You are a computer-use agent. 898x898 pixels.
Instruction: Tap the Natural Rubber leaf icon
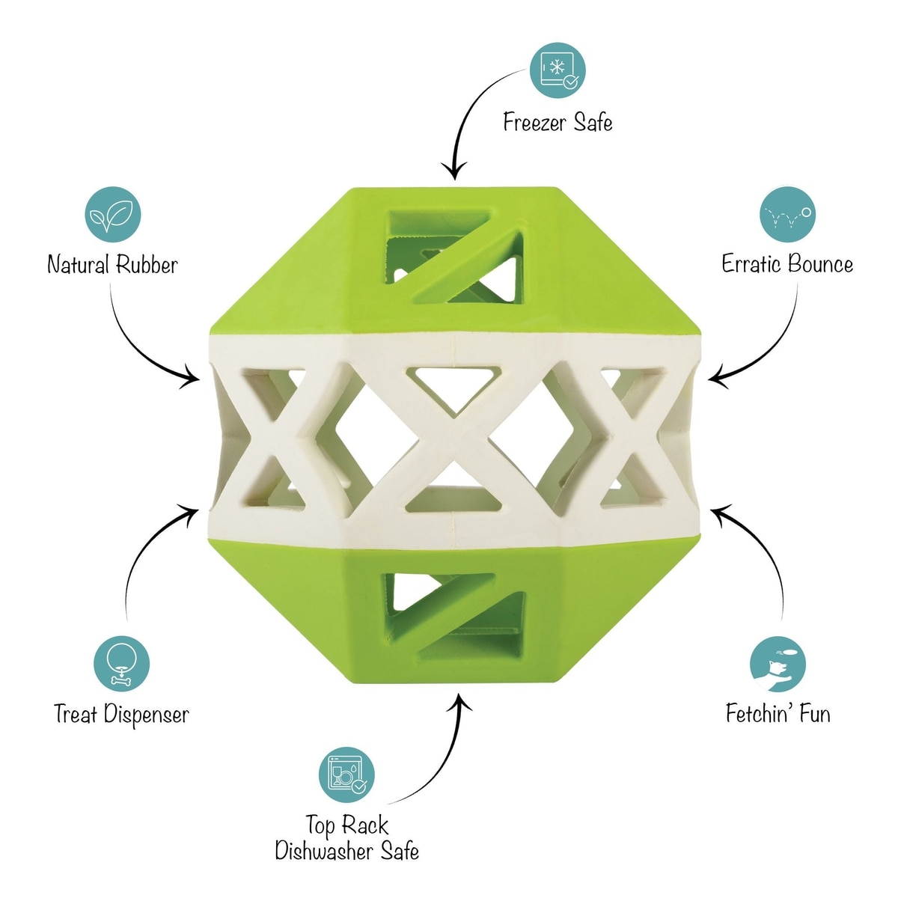click(113, 215)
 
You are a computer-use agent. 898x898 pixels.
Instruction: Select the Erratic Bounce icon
click(787, 213)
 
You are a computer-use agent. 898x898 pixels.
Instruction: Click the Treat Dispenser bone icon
click(122, 664)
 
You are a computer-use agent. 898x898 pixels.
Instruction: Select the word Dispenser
click(146, 715)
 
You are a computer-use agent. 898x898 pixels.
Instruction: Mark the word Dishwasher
click(325, 851)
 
